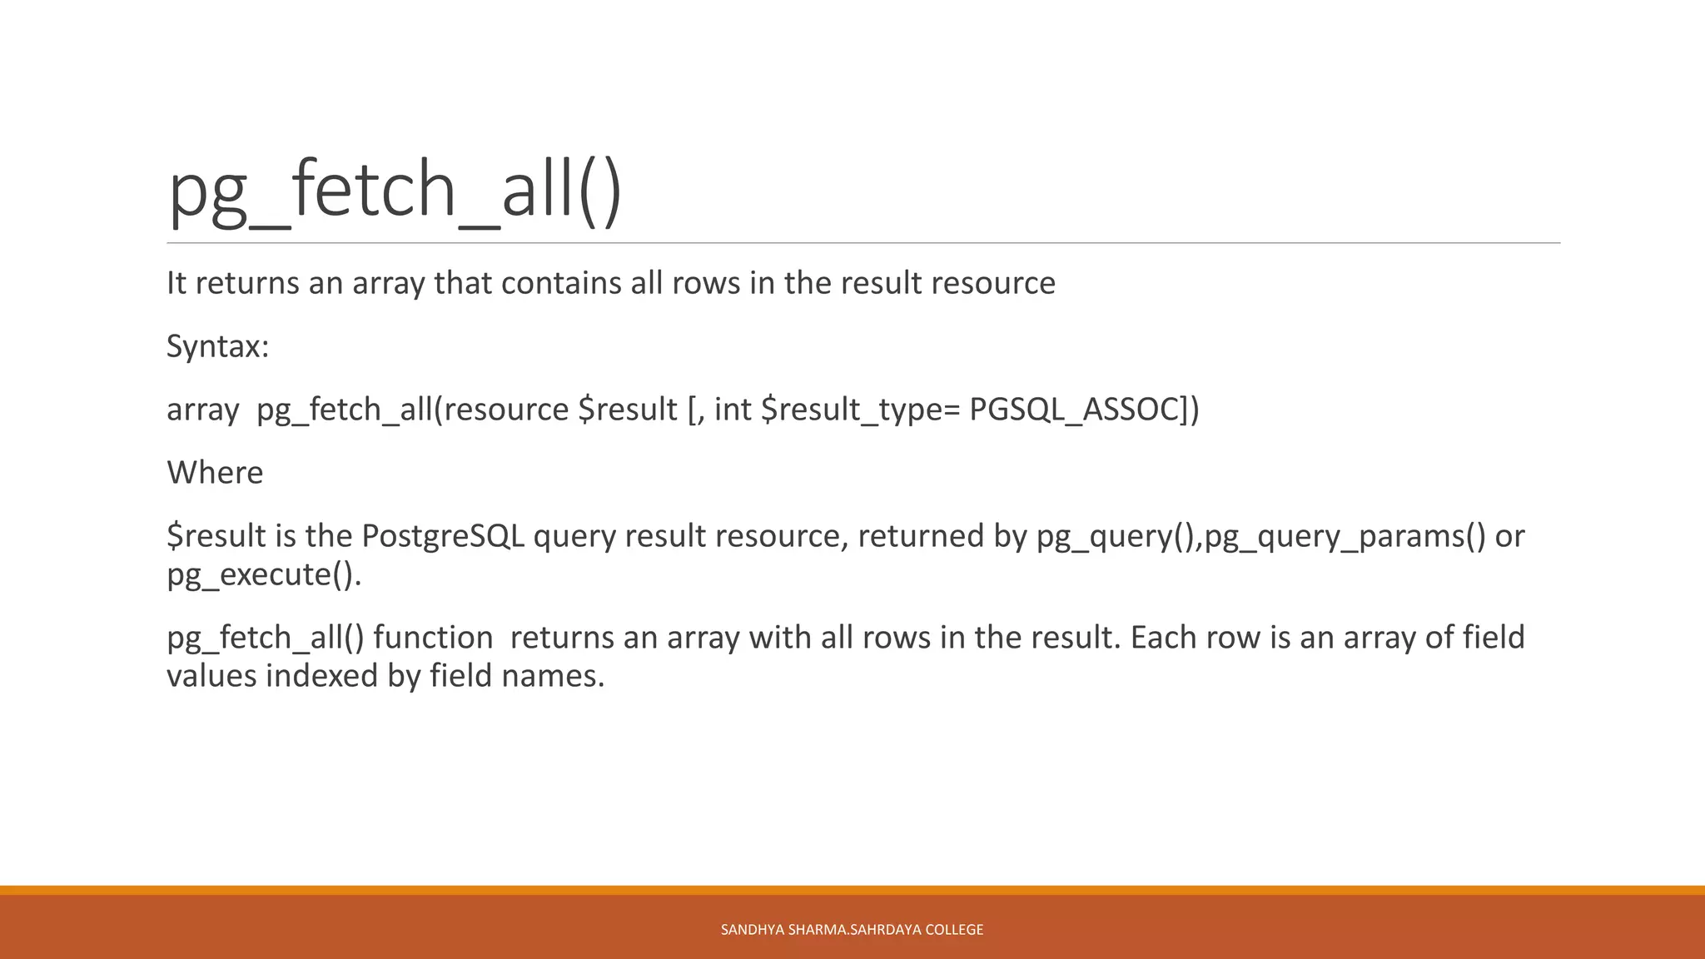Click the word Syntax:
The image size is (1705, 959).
pos(217,346)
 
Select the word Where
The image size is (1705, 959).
pos(215,473)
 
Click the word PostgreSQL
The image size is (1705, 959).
pos(443,536)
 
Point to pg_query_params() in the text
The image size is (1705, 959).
pos(1345,536)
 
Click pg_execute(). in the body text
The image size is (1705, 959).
pos(264,574)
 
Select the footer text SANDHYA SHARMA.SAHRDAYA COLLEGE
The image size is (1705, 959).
pos(852,930)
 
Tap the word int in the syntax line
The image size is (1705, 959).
pos(733,410)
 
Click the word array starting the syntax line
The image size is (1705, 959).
pos(202,410)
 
